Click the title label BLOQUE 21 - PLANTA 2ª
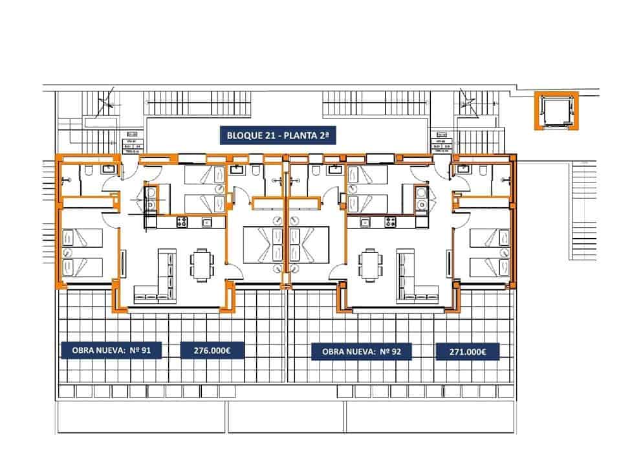click(278, 136)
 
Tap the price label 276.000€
click(212, 350)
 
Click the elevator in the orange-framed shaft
click(554, 111)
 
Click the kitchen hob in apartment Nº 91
click(182, 222)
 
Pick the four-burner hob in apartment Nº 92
click(391, 222)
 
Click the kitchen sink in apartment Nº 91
click(208, 223)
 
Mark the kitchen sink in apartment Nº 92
click(365, 223)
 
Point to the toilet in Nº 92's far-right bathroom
click(484, 170)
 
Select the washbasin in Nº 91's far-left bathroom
click(109, 169)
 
